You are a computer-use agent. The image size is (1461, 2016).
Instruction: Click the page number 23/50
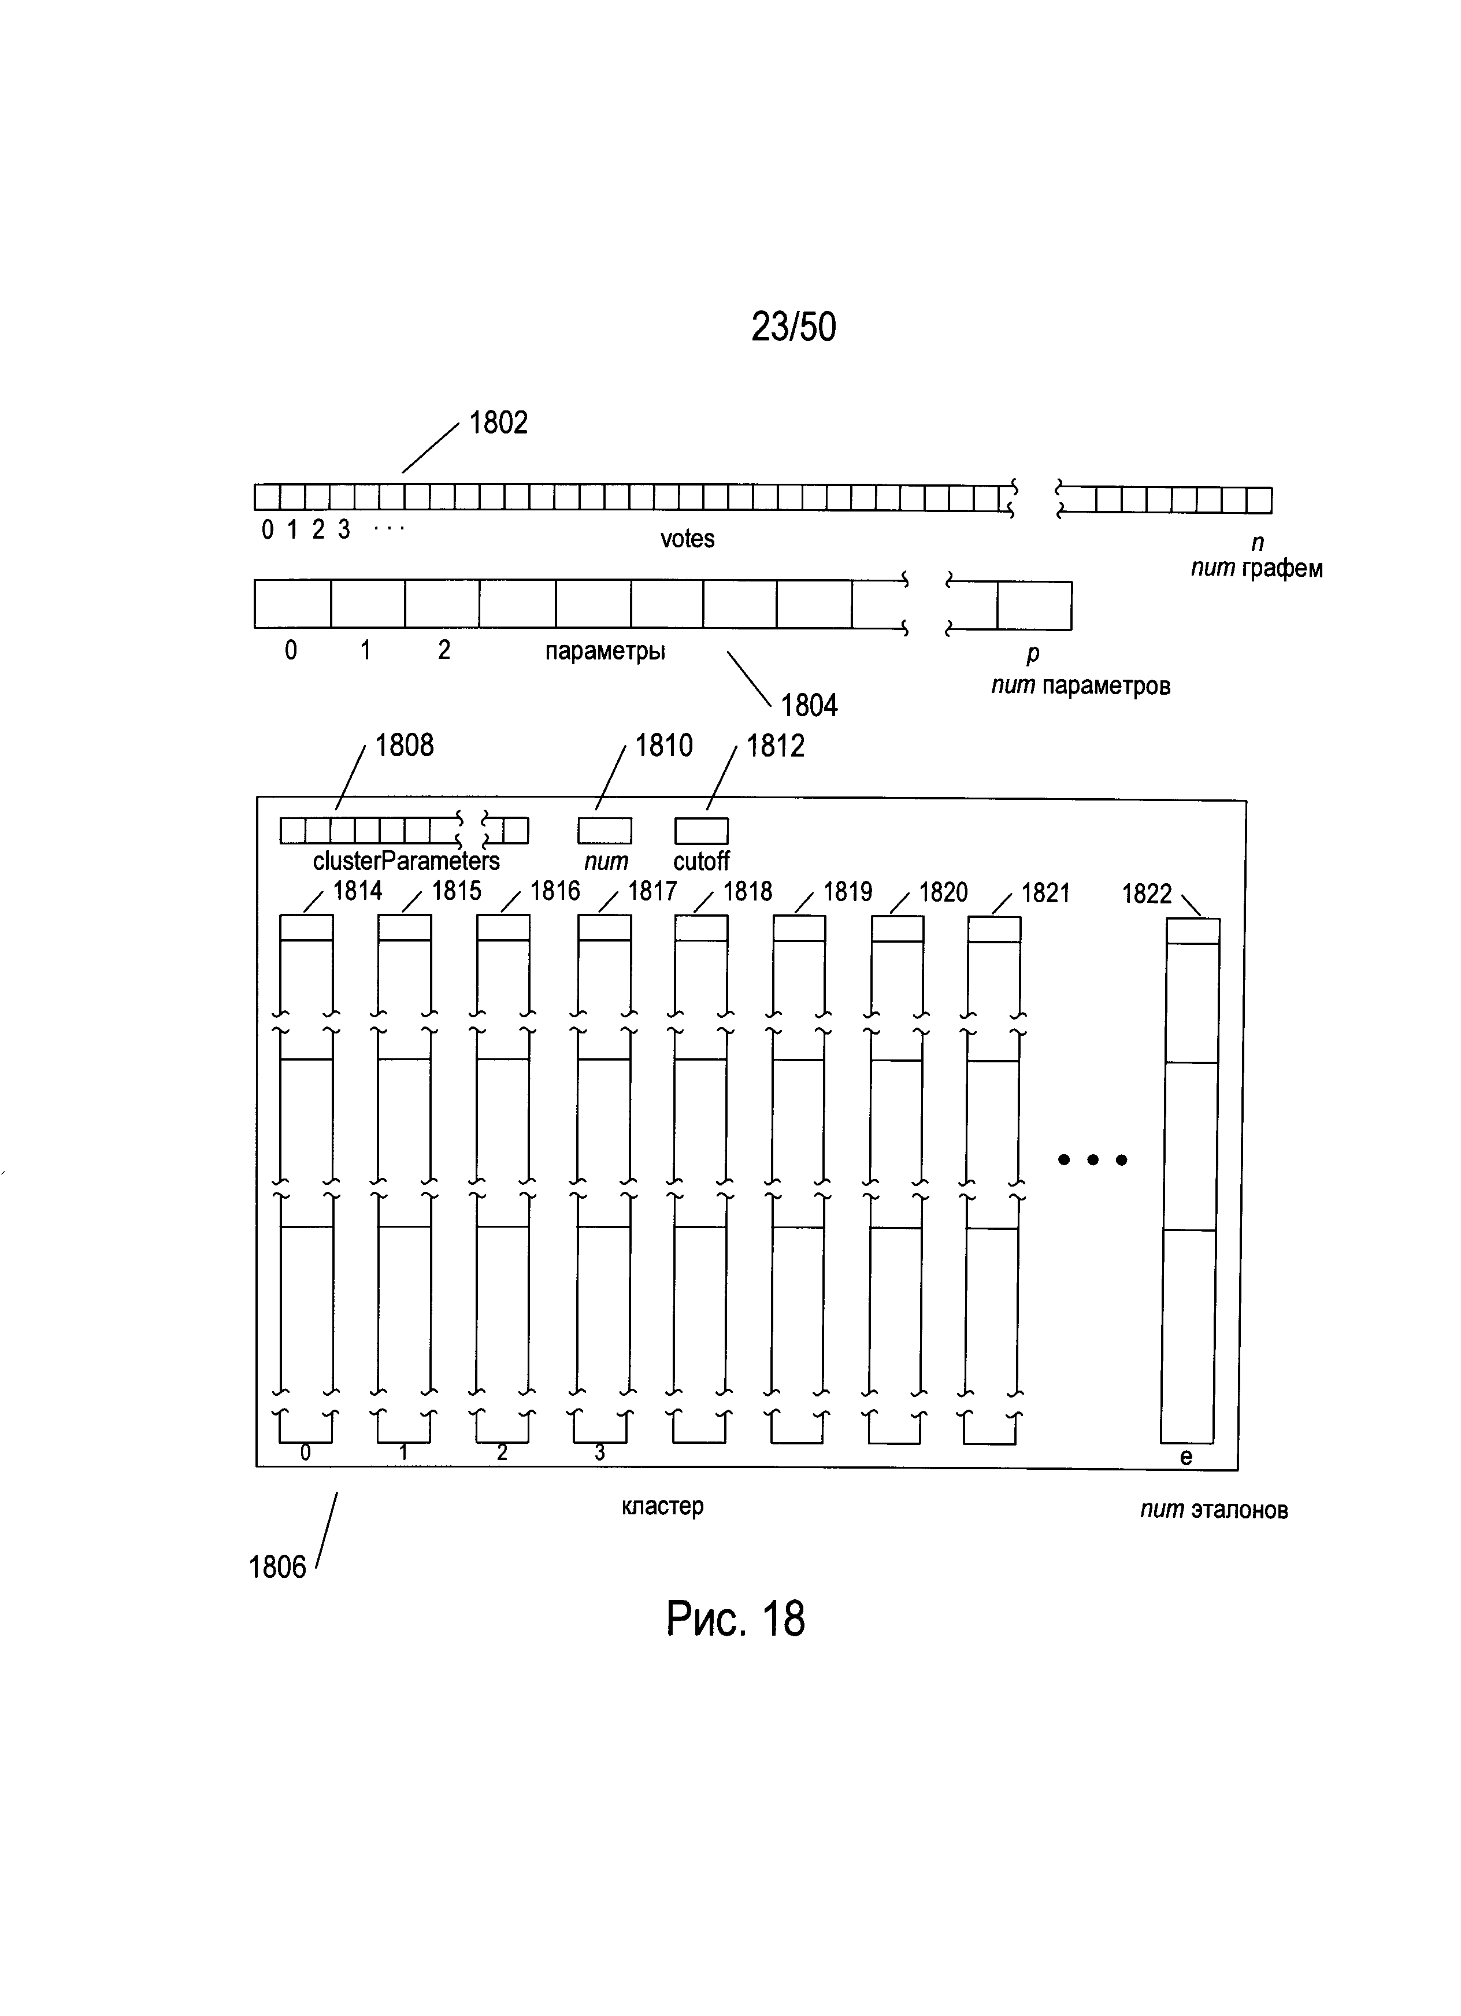(x=793, y=327)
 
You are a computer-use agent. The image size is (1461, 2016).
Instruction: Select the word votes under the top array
(x=687, y=539)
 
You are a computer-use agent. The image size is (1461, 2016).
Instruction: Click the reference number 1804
(x=809, y=706)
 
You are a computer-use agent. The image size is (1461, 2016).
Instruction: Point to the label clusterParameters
(x=406, y=861)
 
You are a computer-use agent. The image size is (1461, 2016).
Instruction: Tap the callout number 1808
(x=405, y=745)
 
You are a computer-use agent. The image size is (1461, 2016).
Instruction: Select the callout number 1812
(x=775, y=746)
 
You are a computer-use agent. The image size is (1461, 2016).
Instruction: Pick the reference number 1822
(x=1147, y=894)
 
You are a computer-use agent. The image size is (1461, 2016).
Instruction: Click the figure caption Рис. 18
(x=735, y=1619)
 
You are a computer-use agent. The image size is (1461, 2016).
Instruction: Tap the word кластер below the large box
(x=662, y=1506)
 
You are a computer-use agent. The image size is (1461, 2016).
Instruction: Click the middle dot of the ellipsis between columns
(x=1093, y=1159)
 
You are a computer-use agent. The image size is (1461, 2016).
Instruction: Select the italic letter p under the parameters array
(x=1033, y=654)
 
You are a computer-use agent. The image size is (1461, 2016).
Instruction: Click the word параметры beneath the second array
(x=605, y=651)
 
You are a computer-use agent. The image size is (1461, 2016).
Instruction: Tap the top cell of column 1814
(x=307, y=927)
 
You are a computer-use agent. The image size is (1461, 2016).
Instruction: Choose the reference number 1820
(x=943, y=892)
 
